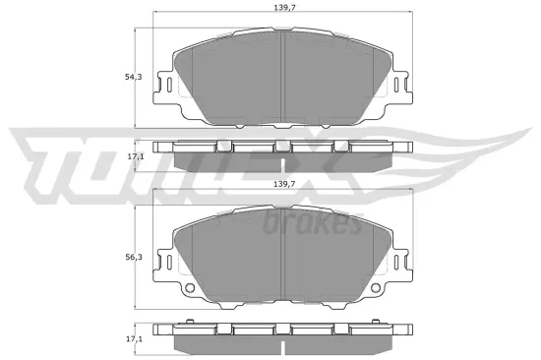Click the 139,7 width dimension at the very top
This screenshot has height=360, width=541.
283,8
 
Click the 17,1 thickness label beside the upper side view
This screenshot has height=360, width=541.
137,154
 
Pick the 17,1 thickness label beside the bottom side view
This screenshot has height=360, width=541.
137,338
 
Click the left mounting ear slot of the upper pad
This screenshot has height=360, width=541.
167,86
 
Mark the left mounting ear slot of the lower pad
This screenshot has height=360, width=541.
167,265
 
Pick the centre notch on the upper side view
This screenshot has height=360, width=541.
283,147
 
